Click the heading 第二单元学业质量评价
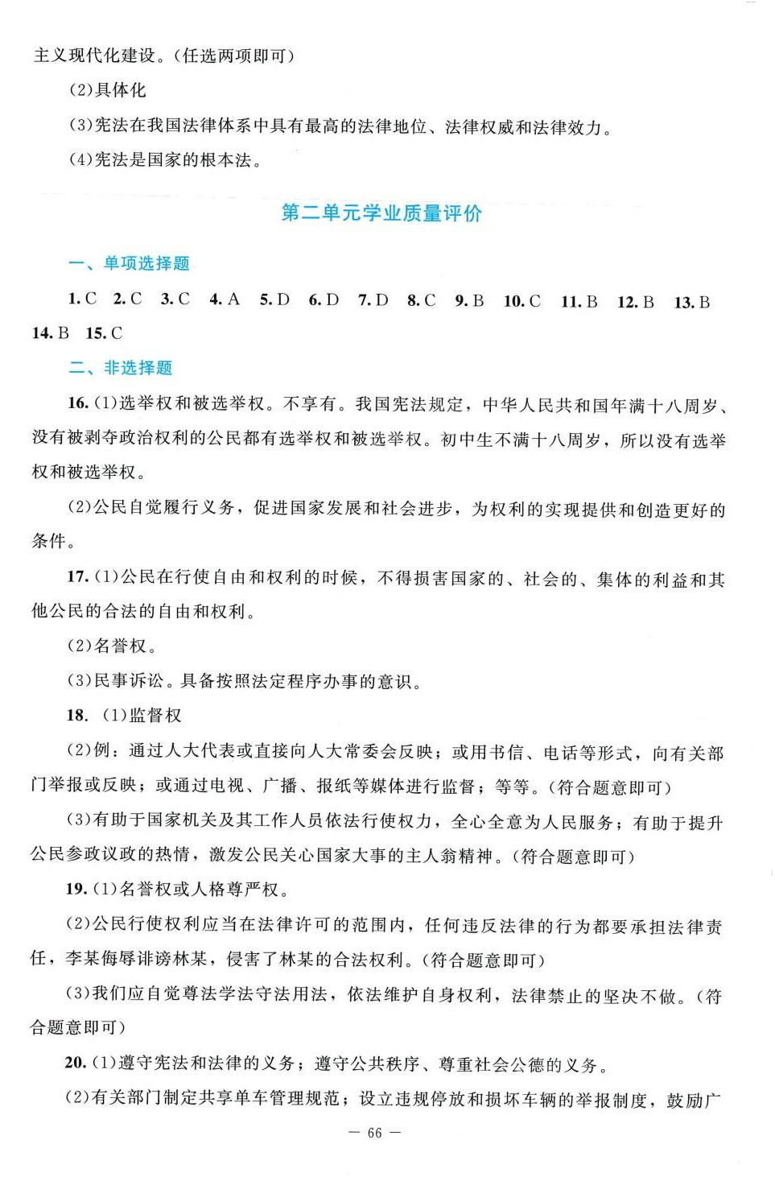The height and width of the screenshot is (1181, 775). [x=381, y=213]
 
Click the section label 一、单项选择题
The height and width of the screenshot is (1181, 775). [x=129, y=263]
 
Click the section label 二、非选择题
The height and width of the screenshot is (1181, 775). [x=121, y=368]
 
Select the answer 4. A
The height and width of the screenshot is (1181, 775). [x=225, y=299]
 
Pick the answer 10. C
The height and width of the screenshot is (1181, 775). [x=522, y=301]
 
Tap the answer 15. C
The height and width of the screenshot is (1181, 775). [x=104, y=333]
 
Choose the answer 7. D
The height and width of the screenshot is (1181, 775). [x=373, y=300]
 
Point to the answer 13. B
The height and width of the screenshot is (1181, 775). [x=692, y=303]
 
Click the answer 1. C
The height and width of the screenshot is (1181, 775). [x=82, y=299]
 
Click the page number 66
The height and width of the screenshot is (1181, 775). [x=374, y=1133]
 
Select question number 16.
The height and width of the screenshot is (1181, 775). [x=77, y=403]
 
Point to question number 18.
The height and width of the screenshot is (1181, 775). [x=76, y=716]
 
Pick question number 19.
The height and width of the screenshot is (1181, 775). [x=76, y=889]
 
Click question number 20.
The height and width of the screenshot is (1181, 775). [x=76, y=1063]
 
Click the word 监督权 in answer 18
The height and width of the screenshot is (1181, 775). [x=155, y=716]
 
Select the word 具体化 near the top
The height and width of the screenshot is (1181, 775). [x=121, y=90]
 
